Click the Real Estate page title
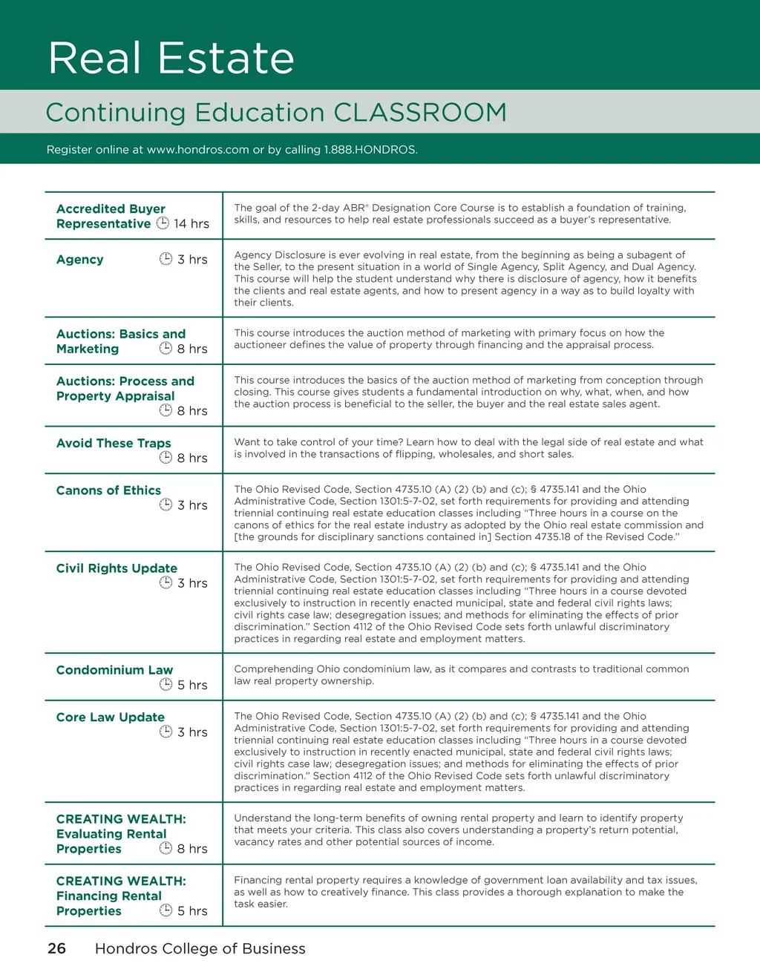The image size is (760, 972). pos(171,58)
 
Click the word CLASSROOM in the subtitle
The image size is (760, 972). pos(420,113)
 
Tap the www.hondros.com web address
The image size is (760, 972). pos(197,150)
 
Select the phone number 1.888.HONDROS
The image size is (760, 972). pos(370,150)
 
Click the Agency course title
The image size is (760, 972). pos(80,260)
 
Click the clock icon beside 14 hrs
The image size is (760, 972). pos(163,223)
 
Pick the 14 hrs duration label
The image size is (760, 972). pos(191,224)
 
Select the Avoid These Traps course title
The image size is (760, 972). pos(114,444)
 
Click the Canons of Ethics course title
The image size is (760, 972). pos(108,490)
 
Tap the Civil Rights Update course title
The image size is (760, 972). pos(117,568)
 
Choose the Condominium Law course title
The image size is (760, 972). pos(114,670)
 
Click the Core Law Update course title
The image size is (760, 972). pos(111,717)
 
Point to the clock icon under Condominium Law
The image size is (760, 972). pos(166,684)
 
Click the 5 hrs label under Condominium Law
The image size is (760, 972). pos(192,685)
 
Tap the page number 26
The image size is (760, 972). pos(56,948)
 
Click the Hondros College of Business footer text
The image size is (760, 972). pos(200,948)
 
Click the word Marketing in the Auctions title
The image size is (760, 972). pos(88,349)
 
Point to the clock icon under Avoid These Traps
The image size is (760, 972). pos(166,458)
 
